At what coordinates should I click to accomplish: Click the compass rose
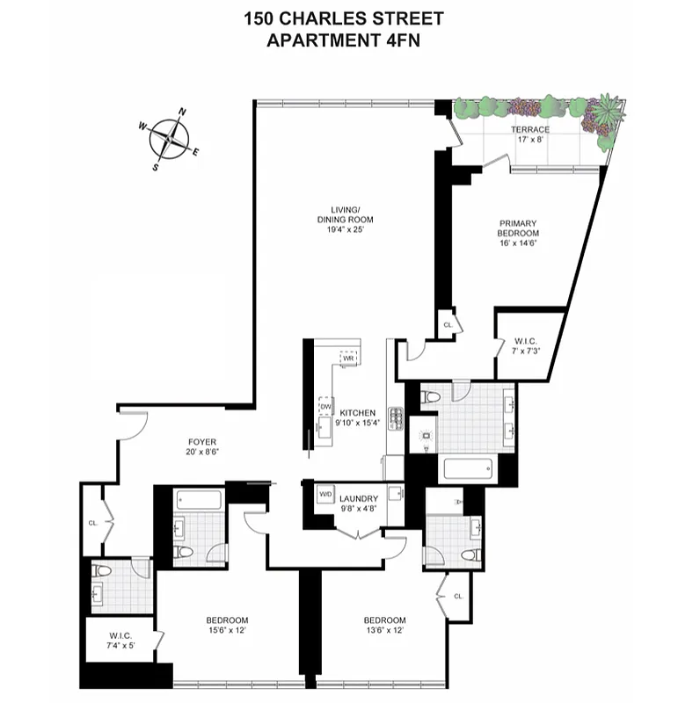point(169,138)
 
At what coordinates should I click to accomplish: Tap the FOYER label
point(201,447)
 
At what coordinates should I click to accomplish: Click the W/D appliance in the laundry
point(325,495)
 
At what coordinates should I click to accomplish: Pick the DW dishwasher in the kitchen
point(324,406)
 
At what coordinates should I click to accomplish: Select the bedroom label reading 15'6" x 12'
point(228,625)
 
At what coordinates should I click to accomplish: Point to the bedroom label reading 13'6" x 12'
point(384,625)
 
